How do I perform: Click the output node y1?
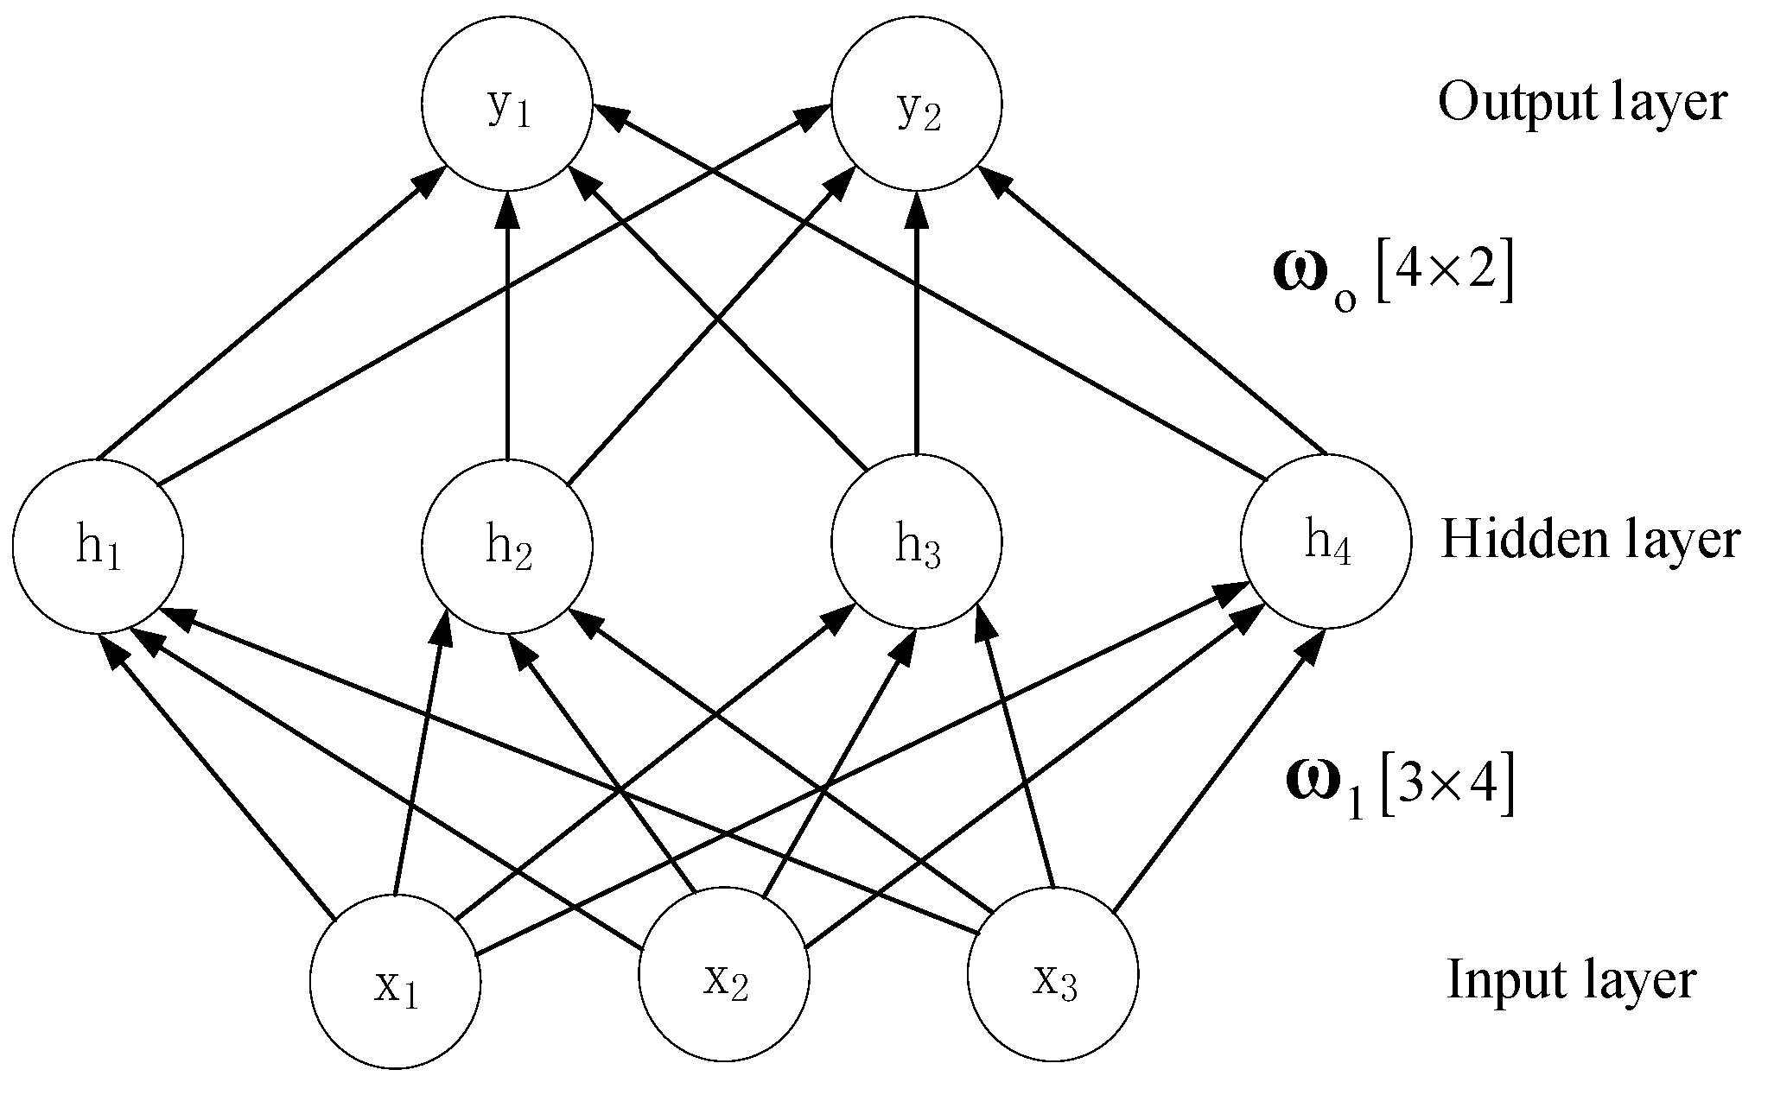pyautogui.click(x=507, y=104)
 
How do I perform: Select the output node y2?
pyautogui.click(x=917, y=104)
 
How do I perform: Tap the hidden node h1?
pyautogui.click(x=98, y=547)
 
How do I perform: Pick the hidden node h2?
pyautogui.click(x=507, y=547)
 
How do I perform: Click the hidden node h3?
pyautogui.click(x=917, y=542)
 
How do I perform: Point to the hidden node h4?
pyautogui.click(x=1326, y=541)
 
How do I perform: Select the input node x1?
pyautogui.click(x=395, y=984)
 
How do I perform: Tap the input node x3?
pyautogui.click(x=1052, y=974)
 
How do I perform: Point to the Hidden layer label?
pyautogui.click(x=1590, y=541)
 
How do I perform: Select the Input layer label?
pyautogui.click(x=1571, y=980)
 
